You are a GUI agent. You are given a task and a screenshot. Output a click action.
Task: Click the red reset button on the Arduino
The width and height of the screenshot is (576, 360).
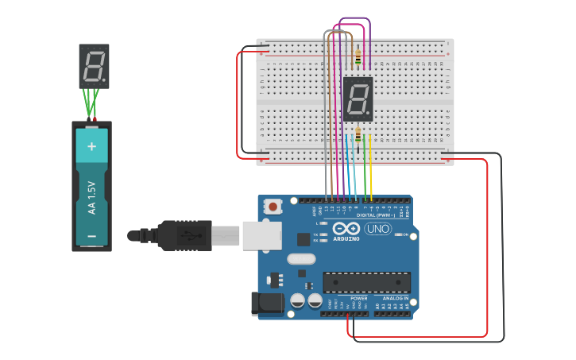pos(273,207)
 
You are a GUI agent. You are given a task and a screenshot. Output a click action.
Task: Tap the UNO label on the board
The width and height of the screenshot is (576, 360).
pos(378,229)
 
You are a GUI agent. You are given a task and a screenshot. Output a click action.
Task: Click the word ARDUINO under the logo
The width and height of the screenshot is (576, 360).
pos(346,238)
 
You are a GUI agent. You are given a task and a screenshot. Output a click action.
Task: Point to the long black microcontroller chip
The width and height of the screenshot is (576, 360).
pos(366,282)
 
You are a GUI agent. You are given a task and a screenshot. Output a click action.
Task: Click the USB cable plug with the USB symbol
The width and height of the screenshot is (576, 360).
pos(184,235)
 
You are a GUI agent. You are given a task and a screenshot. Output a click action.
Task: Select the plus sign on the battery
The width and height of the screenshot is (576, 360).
pos(91,146)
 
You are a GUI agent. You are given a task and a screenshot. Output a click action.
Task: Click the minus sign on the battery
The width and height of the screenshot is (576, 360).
pos(91,236)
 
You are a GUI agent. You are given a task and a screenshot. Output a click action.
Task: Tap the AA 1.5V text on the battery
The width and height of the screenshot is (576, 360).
pos(91,197)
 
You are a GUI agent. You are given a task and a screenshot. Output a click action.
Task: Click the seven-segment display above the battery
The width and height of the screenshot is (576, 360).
pos(94,66)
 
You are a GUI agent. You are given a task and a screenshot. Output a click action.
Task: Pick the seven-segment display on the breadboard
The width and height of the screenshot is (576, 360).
pos(358,99)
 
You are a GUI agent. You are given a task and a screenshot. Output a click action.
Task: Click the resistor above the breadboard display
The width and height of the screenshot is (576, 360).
pos(358,57)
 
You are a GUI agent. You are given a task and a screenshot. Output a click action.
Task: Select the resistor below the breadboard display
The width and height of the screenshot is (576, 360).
pos(358,134)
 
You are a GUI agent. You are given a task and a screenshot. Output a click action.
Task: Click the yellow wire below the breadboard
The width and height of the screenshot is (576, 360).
pos(371,171)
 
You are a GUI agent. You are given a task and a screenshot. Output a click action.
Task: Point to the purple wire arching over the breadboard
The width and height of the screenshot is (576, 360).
pos(354,18)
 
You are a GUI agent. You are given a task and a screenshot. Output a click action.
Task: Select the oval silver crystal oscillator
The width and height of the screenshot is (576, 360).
pos(302,258)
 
